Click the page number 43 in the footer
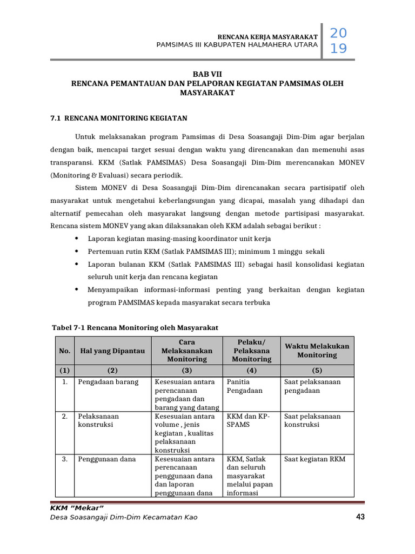(360, 517)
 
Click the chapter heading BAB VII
(207, 74)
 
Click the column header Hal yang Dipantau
(112, 351)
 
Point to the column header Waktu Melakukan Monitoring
(317, 351)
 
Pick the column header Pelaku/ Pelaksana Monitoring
(251, 351)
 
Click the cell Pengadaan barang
(108, 382)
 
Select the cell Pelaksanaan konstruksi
(98, 420)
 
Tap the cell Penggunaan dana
(106, 459)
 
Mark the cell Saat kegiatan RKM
(314, 459)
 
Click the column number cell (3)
(187, 371)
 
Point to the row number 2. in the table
(64, 417)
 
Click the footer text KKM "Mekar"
(76, 507)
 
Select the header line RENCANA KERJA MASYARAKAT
(263, 36)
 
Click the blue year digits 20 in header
(338, 34)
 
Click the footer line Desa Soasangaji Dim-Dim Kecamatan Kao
(123, 517)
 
